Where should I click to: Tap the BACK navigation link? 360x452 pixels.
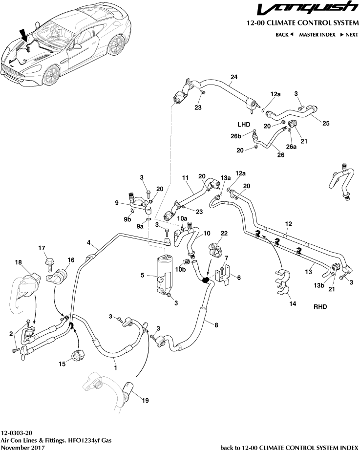pyautogui.click(x=284, y=35)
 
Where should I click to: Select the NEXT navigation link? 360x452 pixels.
pyautogui.click(x=349, y=35)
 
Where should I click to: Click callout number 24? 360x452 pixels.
pyautogui.click(x=234, y=77)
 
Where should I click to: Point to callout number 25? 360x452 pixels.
pyautogui.click(x=326, y=123)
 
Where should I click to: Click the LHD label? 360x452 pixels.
pyautogui.click(x=244, y=124)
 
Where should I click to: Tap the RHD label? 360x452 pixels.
pyautogui.click(x=320, y=307)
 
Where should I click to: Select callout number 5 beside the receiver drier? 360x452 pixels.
pyautogui.click(x=142, y=276)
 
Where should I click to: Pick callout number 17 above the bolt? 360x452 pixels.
pyautogui.click(x=42, y=248)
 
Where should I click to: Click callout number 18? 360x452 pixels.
pyautogui.click(x=19, y=262)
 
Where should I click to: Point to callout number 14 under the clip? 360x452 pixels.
pyautogui.click(x=292, y=303)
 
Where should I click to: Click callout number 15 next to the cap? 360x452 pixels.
pyautogui.click(x=63, y=364)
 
